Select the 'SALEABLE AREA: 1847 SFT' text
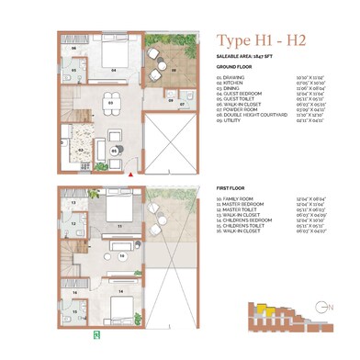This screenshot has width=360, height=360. [x=247, y=57]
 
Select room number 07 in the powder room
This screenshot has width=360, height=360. [x=183, y=103]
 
